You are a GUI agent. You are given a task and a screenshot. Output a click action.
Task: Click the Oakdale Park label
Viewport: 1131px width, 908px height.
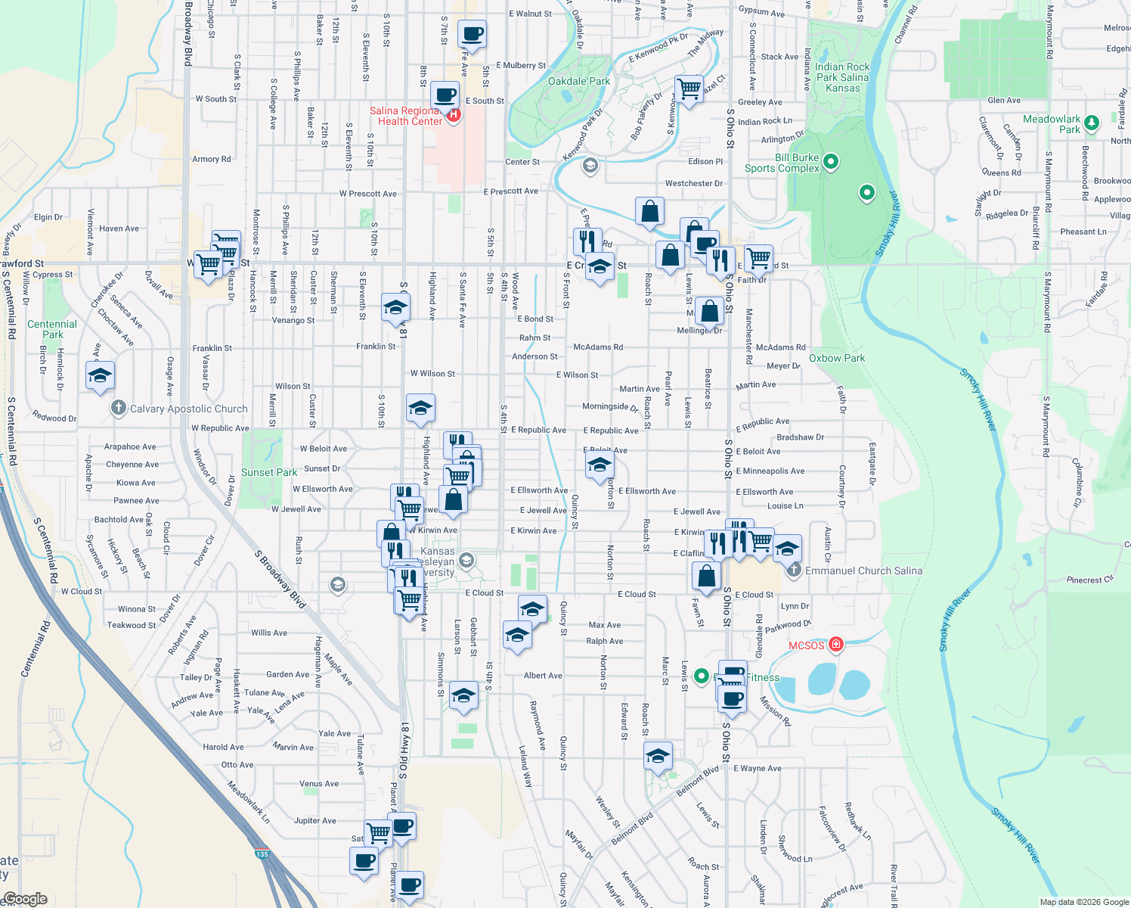(x=578, y=81)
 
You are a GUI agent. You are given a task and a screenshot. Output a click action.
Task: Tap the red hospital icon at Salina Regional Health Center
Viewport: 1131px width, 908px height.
(x=454, y=115)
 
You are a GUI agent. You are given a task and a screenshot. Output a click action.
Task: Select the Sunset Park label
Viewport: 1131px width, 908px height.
(x=269, y=472)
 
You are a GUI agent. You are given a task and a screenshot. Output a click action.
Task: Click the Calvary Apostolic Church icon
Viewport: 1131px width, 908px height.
(x=118, y=409)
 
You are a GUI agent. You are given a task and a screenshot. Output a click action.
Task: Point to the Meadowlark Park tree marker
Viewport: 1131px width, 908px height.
(x=1091, y=122)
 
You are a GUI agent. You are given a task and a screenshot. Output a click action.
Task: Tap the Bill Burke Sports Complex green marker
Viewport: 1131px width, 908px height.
(x=831, y=161)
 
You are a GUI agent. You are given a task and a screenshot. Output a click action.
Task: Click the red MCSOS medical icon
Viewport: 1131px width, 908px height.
(x=835, y=645)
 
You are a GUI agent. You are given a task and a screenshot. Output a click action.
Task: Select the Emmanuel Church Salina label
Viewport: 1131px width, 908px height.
(x=863, y=571)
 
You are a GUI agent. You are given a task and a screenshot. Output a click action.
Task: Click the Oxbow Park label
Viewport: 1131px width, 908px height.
(x=837, y=358)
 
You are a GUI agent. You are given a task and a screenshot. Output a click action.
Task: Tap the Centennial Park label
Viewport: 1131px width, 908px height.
(x=52, y=329)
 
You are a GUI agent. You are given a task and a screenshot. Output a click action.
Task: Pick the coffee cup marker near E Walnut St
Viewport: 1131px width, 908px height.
(x=472, y=35)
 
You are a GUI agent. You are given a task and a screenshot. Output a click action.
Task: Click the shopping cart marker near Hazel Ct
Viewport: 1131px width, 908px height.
(x=689, y=89)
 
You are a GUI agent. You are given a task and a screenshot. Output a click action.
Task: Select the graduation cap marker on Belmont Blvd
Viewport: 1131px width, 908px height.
(x=658, y=755)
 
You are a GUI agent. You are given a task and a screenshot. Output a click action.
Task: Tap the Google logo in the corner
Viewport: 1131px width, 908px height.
(x=25, y=899)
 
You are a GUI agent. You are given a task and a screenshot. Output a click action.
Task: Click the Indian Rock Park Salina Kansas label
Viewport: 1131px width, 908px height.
(x=842, y=77)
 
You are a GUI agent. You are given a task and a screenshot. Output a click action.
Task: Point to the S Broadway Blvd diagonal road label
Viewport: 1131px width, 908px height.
(x=280, y=579)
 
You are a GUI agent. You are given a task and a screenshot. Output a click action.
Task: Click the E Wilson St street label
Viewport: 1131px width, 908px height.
(x=577, y=375)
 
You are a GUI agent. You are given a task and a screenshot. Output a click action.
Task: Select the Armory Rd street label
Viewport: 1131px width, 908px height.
(x=212, y=159)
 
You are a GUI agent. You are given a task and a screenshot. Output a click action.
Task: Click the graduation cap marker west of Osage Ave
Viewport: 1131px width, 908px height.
(x=100, y=376)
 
